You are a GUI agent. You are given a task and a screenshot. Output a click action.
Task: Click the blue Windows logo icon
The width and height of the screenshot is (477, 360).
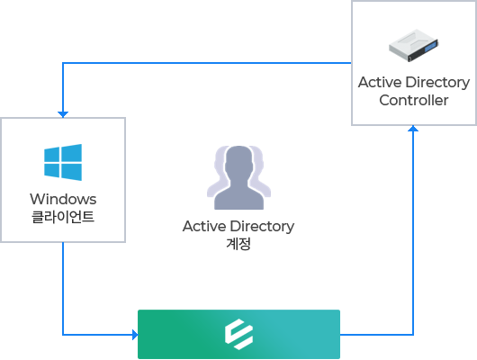click(x=63, y=162)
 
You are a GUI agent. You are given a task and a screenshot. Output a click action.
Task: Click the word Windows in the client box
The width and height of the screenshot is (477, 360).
click(x=63, y=199)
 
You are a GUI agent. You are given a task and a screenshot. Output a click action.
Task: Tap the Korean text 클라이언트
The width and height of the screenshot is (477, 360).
click(x=63, y=217)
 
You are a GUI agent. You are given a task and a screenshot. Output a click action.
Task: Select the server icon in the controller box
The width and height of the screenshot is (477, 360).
click(x=413, y=45)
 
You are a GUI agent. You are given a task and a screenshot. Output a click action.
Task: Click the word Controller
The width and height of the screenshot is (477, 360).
click(x=414, y=100)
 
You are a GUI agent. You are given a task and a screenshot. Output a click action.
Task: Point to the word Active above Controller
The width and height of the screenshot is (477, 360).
click(x=380, y=82)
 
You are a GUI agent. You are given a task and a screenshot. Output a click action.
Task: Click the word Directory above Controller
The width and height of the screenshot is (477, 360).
click(x=437, y=83)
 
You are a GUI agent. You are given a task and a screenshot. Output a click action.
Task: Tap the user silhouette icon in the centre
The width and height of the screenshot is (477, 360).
click(x=238, y=177)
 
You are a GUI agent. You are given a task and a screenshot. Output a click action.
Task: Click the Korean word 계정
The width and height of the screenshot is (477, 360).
click(x=238, y=244)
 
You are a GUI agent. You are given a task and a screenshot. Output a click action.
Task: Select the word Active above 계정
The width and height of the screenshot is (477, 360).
click(x=204, y=227)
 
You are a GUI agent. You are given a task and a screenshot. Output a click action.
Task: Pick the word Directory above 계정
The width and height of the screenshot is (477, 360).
click(x=262, y=227)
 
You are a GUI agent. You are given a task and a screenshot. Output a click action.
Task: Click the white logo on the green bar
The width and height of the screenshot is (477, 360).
click(x=238, y=334)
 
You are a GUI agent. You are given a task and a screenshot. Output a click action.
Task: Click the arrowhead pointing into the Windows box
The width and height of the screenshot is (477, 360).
click(x=63, y=114)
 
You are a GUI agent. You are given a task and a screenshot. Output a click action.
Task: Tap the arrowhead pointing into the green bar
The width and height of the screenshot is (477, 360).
click(x=135, y=335)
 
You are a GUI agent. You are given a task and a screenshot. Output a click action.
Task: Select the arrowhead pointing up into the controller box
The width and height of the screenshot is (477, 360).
click(x=413, y=129)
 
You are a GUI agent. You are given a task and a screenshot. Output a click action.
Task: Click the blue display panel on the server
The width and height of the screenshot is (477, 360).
click(x=430, y=48)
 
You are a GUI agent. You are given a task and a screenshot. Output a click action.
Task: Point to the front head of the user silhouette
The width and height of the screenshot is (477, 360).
click(x=239, y=160)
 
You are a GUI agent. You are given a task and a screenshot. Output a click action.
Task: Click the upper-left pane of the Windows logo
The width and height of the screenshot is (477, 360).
click(x=51, y=155)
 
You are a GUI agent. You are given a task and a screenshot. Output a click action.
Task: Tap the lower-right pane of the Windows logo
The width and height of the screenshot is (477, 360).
click(x=71, y=172)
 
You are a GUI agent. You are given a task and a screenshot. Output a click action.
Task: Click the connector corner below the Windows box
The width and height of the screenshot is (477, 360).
click(x=63, y=335)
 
